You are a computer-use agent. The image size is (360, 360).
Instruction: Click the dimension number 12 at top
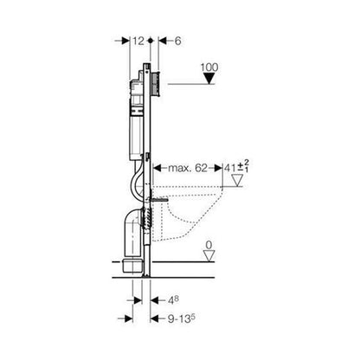click(138, 41)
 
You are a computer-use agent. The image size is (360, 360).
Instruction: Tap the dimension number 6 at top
click(178, 41)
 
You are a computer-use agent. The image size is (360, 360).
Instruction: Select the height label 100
click(209, 67)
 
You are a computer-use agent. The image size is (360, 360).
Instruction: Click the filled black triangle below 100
click(209, 78)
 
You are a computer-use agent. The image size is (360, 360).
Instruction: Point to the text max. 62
click(188, 168)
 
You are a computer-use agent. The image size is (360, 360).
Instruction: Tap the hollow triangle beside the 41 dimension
click(238, 181)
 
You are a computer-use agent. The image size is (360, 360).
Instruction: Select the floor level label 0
click(209, 245)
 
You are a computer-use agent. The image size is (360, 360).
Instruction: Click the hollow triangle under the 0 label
click(209, 256)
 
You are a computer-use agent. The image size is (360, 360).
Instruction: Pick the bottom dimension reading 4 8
click(173, 300)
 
